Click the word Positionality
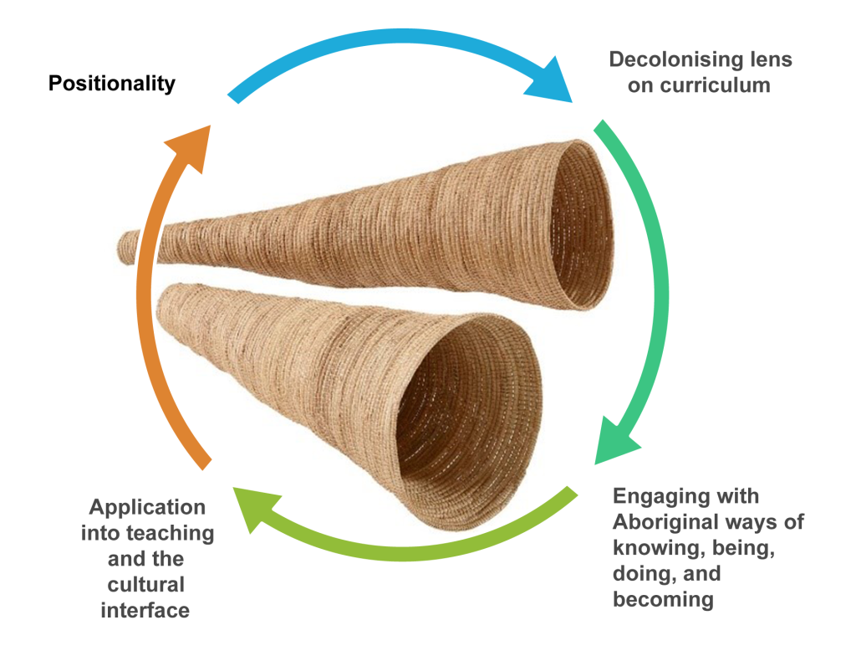[x=112, y=84]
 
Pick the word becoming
[x=663, y=599]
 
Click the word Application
[x=147, y=508]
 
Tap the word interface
[x=145, y=610]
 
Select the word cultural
[x=145, y=584]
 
